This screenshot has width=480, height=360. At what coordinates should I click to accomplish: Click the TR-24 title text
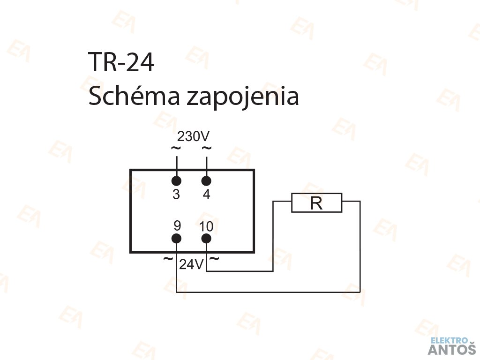pos(121,62)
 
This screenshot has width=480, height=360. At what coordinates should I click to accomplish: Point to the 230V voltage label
pos(193,137)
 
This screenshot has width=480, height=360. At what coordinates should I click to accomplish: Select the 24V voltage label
pos(191,265)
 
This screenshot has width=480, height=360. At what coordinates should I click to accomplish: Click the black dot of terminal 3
pos(176,181)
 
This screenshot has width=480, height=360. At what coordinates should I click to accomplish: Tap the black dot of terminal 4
pos(206,181)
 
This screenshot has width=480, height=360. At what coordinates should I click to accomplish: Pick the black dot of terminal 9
pos(176,239)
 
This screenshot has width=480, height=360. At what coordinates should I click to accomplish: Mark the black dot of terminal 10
pos(206,239)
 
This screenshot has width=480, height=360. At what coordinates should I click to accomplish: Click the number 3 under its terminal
pos(176,195)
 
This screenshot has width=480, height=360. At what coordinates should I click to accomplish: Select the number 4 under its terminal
pos(207,195)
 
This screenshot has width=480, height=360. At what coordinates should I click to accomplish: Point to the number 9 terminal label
pos(177,226)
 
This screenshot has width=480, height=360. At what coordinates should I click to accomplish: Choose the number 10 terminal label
pos(206,227)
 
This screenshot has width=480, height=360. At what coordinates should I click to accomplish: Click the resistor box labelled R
pos(317,203)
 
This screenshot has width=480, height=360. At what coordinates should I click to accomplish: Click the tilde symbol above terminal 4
pos(206,149)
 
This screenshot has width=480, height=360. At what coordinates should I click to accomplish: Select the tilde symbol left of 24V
pos(168,259)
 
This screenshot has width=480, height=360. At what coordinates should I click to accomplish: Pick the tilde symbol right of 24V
pos(214,258)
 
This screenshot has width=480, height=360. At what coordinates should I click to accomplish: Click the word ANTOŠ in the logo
pos(452,349)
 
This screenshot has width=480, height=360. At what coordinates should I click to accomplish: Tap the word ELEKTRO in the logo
pos(449,340)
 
